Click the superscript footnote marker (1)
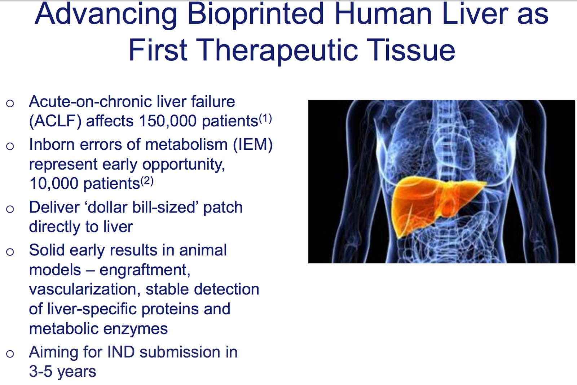[265, 118]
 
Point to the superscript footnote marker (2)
[147, 181]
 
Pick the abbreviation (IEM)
[252, 145]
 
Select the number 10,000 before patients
[54, 184]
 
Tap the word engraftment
[145, 270]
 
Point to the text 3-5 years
[62, 372]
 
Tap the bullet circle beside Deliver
[10, 209]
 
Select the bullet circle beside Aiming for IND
[10, 354]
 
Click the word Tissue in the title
[411, 50]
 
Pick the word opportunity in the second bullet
[184, 165]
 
